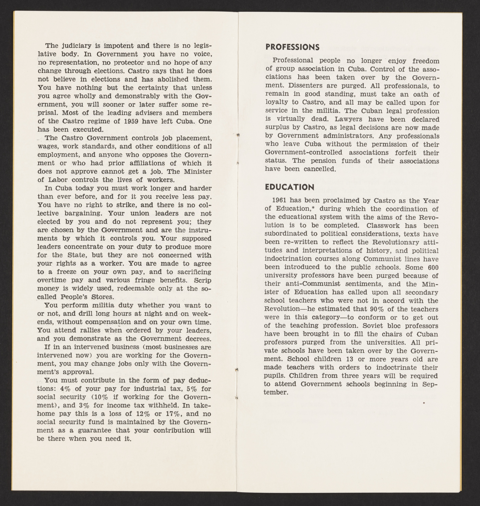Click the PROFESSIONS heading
click(292, 47)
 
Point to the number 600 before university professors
click(433, 267)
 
